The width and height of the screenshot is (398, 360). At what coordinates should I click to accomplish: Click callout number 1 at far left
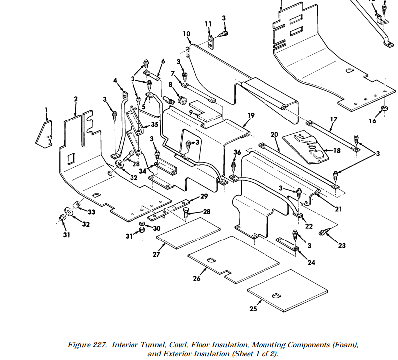pos(46,110)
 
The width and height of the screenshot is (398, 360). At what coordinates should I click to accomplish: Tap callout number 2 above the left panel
pos(76,99)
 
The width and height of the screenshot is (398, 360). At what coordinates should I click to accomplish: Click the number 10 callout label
pos(187,34)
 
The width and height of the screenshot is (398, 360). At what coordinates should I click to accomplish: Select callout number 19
pos(251,115)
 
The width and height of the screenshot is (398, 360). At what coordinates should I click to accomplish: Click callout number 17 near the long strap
pos(333,119)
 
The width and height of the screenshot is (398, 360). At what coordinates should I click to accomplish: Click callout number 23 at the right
pos(341,245)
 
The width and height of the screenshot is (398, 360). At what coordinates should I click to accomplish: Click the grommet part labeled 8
pos(182,101)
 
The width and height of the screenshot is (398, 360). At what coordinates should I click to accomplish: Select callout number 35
pos(154,124)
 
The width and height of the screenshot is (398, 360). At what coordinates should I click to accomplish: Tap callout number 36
pos(237,152)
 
